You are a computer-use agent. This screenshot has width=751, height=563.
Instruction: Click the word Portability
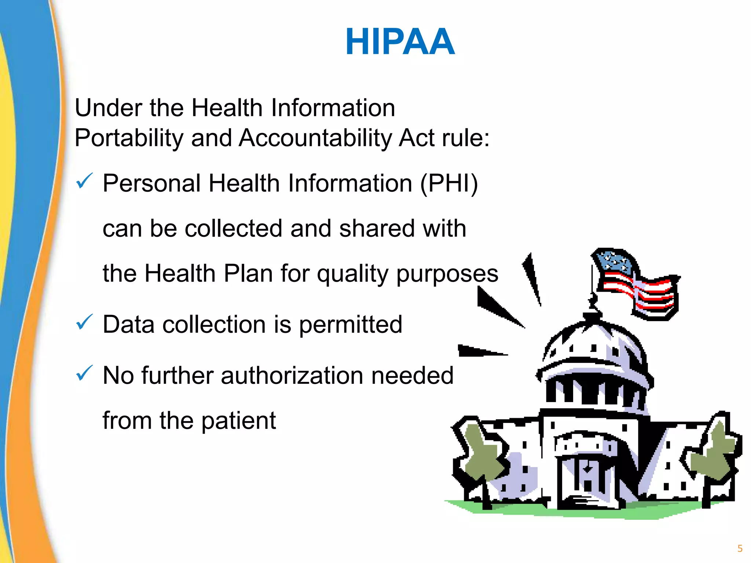pos(128,139)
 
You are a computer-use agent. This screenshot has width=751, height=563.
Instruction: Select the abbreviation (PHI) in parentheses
pos(449,183)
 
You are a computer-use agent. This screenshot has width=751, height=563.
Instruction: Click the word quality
pos(352,274)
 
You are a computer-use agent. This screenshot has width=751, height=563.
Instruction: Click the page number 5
pos(740,549)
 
